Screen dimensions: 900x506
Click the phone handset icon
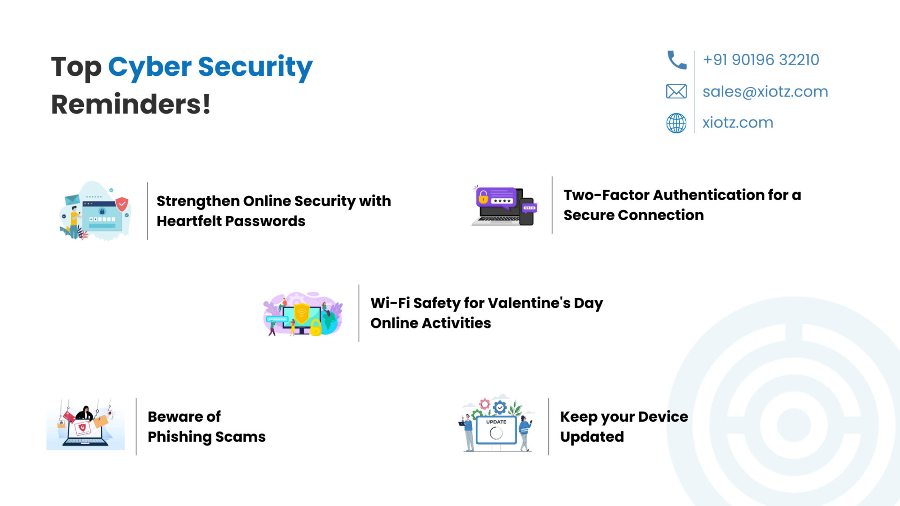(x=676, y=60)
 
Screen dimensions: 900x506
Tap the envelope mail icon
(x=676, y=91)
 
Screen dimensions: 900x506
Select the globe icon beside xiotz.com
(x=676, y=123)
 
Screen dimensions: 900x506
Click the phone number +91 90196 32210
(x=761, y=60)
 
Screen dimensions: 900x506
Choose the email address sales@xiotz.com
(x=765, y=91)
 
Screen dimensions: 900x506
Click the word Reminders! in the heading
(x=131, y=104)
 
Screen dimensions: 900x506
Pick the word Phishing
(x=180, y=437)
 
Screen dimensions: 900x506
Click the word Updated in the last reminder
(x=592, y=437)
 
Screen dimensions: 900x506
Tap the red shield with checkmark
(x=122, y=204)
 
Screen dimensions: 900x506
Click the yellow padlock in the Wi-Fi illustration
(x=316, y=327)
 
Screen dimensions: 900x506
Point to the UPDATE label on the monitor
(x=496, y=422)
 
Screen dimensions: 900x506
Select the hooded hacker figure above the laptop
(x=85, y=413)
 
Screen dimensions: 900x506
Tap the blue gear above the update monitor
(x=500, y=408)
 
